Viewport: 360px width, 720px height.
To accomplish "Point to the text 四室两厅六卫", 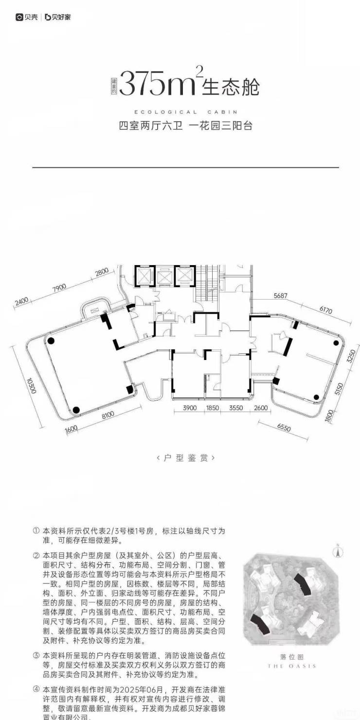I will tap(151, 126).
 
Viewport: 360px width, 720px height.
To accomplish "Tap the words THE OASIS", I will tap(292, 666).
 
